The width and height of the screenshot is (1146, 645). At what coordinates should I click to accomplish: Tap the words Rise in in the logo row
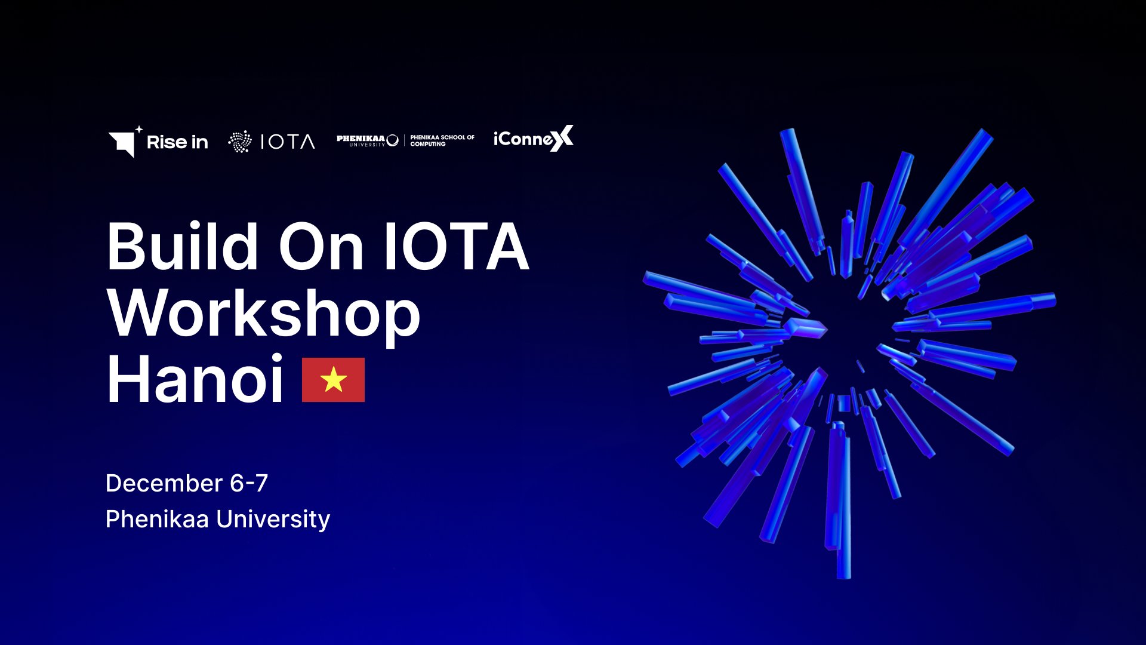(177, 142)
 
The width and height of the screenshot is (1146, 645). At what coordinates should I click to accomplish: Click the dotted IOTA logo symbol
(240, 142)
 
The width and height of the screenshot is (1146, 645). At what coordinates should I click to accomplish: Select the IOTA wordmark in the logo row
(288, 142)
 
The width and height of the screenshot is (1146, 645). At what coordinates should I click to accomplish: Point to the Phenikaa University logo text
(367, 140)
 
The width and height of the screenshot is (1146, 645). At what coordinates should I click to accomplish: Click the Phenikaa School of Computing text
(442, 140)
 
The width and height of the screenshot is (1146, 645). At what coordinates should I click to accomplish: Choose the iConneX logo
(534, 139)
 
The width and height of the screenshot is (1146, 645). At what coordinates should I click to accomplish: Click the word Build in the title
(182, 246)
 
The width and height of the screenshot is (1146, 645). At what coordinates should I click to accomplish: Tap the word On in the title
(321, 247)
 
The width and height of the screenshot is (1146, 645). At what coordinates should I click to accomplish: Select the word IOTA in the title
(457, 246)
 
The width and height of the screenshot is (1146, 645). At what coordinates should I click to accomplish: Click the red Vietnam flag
(333, 380)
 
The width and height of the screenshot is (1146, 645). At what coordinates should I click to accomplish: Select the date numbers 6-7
(249, 483)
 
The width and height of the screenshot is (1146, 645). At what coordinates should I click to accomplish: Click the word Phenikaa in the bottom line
(157, 519)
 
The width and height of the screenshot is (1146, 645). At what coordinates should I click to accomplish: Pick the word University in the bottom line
(273, 520)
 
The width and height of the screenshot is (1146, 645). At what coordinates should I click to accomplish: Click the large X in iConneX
(561, 138)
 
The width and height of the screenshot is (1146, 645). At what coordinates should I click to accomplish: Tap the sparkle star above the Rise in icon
(138, 129)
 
